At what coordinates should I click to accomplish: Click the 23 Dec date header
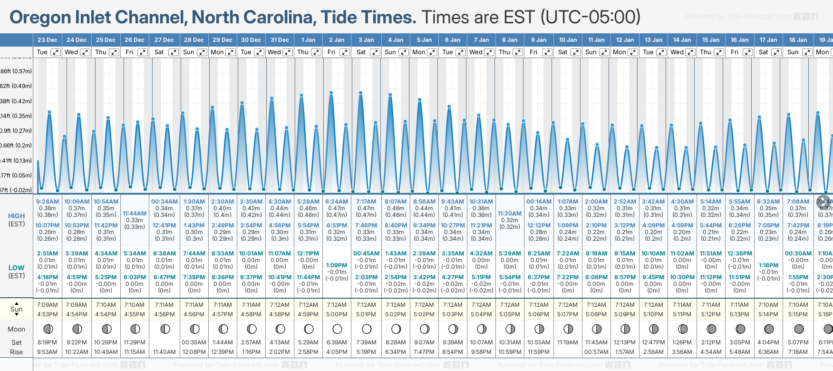(47, 40)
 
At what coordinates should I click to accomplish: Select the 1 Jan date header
(308, 40)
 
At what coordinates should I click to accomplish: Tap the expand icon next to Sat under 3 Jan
(375, 52)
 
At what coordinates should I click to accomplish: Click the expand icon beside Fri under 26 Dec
(143, 52)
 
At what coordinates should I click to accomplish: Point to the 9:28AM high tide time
(48, 202)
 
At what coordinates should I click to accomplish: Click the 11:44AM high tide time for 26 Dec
(135, 214)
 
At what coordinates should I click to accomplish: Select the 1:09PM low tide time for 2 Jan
(337, 265)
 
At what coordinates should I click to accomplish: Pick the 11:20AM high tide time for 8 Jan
(510, 214)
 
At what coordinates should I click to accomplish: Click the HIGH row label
(16, 216)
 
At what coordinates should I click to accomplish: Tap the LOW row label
(16, 268)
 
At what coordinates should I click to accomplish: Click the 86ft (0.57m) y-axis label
(16, 71)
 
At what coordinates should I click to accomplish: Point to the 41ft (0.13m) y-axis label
(16, 160)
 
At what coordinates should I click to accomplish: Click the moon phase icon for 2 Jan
(337, 329)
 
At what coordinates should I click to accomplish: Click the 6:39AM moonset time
(337, 342)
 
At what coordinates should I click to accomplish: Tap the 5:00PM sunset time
(337, 314)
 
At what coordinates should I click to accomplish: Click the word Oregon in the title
(40, 17)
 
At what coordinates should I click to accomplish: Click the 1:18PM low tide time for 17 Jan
(768, 265)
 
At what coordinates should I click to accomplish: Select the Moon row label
(16, 329)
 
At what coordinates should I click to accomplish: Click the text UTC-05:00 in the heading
(590, 17)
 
